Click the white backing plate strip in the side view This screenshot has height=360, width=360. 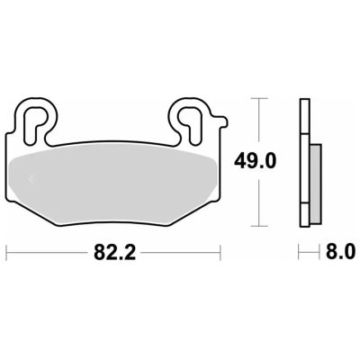303,162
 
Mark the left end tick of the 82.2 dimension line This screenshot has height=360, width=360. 7,253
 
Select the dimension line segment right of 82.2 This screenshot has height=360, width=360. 180,253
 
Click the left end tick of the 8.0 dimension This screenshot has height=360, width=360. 300,253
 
